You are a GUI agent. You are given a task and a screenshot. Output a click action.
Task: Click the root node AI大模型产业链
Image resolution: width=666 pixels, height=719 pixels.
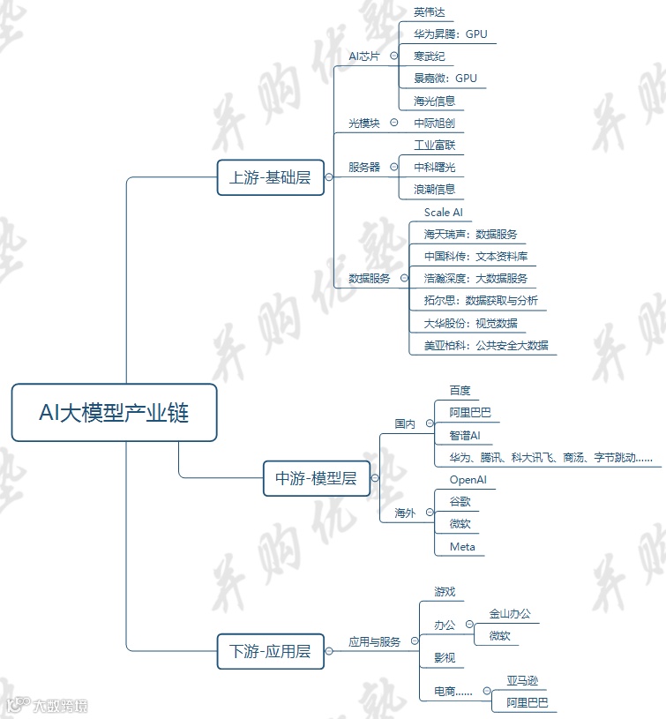pos(114,412)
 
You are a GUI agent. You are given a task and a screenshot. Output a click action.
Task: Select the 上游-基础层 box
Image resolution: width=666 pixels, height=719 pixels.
pos(270,177)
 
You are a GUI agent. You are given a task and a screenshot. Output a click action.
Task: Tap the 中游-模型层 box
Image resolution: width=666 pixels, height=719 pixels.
pos(316,478)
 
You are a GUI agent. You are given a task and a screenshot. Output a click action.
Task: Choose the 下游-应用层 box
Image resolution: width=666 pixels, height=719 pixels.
pos(270,653)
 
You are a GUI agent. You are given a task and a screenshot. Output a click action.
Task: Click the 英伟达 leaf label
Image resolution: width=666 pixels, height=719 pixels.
pos(430,12)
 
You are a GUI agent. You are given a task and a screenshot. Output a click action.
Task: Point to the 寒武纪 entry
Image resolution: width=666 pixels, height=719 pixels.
pos(430,56)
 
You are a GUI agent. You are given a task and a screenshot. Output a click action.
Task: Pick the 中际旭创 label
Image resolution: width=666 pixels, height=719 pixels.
pos(434,123)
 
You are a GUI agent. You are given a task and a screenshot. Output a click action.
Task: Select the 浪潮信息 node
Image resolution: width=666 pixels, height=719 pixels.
pos(434,189)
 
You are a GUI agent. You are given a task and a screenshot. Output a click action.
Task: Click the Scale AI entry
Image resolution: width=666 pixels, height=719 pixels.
pos(443,213)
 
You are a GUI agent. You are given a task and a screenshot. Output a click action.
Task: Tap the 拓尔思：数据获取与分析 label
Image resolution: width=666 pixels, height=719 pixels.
pos(481,300)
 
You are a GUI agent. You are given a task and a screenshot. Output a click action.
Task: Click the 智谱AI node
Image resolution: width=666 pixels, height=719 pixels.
pos(464,436)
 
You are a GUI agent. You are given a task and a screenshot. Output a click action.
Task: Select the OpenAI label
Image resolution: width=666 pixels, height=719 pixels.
pos(468,480)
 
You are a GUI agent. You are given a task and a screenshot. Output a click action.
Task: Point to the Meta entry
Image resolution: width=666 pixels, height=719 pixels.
pos(462,547)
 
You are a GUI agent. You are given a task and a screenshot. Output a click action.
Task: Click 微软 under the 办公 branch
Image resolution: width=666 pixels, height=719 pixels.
pos(499,635)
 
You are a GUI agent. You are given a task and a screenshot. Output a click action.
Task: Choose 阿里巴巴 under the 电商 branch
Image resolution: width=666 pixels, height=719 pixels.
pos(528,702)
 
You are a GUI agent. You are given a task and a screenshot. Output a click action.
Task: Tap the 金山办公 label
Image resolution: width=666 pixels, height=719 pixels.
pos(510,613)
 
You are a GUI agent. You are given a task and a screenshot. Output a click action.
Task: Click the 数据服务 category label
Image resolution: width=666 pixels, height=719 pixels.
pos(370,278)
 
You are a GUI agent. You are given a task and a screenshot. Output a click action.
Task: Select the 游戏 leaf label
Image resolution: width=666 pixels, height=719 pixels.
pos(444,591)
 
